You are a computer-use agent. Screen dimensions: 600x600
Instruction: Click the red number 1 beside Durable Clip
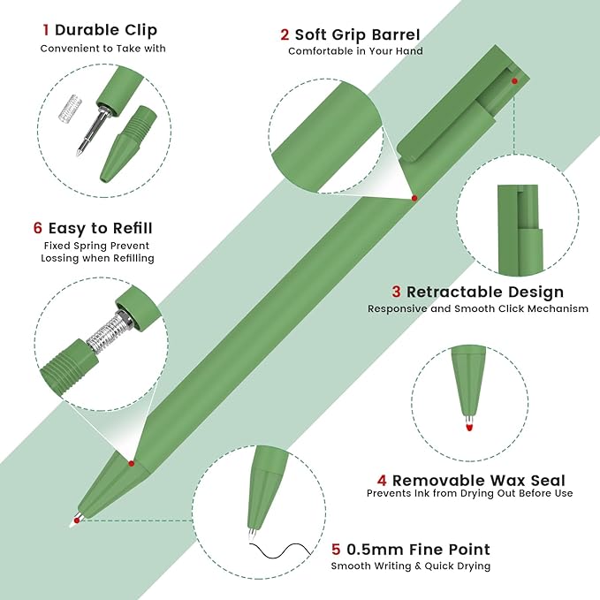[x=46, y=30]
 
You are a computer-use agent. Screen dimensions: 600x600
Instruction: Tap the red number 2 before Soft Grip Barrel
[x=285, y=34]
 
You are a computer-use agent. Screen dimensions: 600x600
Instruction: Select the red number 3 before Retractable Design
[x=396, y=292]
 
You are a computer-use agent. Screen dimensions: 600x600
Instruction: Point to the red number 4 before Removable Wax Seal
[x=382, y=480]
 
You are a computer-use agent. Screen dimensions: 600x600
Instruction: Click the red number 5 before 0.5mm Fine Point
[x=336, y=549]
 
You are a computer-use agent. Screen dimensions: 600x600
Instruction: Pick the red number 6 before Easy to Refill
[x=37, y=228]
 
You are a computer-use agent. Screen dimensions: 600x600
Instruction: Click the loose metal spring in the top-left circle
[x=72, y=109]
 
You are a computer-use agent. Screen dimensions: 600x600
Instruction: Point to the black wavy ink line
[x=280, y=551]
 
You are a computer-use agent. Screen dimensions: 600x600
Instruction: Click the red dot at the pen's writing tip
[x=77, y=520]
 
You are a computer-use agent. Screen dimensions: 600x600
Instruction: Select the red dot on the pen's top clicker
[x=514, y=81]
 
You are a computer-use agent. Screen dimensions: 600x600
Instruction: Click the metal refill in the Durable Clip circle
[x=93, y=132]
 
